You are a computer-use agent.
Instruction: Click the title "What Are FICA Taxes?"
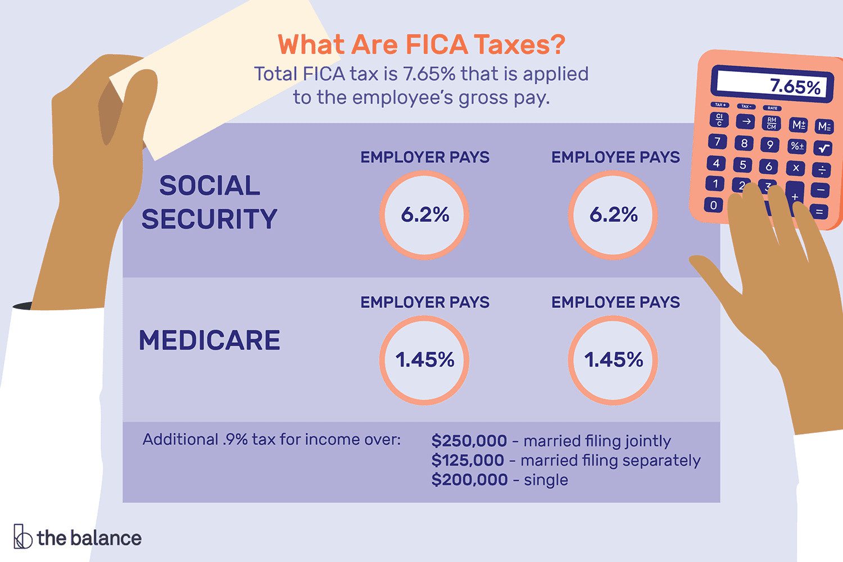421,45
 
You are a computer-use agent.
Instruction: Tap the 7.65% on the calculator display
795,87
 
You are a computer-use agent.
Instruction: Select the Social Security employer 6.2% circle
424,215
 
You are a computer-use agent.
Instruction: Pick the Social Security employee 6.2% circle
613,215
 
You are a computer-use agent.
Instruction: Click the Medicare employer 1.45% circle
424,360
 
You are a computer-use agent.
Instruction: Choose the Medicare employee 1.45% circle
613,360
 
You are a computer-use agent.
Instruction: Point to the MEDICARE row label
209,341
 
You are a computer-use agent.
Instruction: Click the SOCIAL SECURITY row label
209,202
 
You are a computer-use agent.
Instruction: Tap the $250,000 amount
469,441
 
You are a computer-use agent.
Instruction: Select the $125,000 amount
468,461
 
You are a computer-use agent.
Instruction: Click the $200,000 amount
469,480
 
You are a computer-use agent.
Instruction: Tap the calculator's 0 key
714,205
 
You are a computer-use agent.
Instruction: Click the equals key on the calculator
819,212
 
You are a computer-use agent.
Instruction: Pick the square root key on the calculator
824,148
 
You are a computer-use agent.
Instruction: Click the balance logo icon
22,537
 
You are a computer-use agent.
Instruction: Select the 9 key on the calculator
770,145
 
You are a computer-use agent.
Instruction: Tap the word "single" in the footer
546,480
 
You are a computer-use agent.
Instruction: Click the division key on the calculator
822,169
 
